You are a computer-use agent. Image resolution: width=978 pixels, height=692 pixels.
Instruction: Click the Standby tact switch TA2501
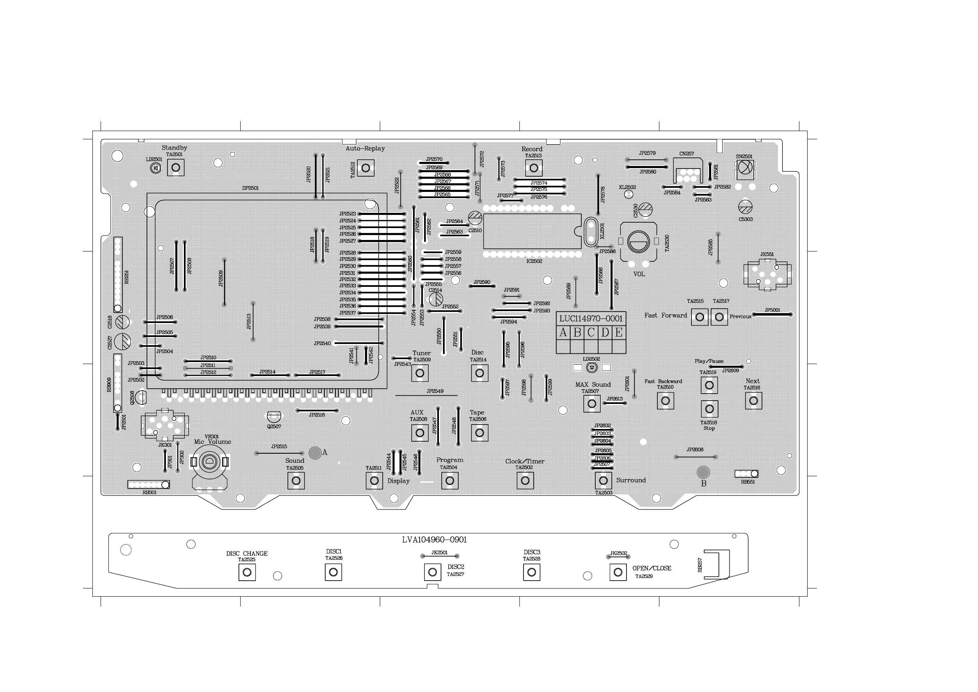(x=175, y=168)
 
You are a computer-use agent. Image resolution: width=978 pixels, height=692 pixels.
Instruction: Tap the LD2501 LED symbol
(x=156, y=168)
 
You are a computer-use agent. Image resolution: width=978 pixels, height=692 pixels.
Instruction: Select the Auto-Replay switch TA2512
(x=365, y=168)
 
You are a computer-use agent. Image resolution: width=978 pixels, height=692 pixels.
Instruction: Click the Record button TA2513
(x=534, y=168)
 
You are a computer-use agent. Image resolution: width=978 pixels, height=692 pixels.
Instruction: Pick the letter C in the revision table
(x=591, y=332)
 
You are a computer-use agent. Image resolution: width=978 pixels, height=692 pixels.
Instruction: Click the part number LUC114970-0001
(x=591, y=318)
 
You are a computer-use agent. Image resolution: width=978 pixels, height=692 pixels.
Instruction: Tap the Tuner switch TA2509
(x=420, y=373)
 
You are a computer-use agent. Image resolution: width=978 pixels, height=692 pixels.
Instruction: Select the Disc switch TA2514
(x=479, y=373)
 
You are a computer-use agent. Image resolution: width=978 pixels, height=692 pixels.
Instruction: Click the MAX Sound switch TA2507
(x=592, y=404)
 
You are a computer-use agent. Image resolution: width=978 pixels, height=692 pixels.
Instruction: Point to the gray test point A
(x=315, y=453)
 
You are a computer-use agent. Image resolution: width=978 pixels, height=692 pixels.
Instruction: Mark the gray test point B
(x=703, y=472)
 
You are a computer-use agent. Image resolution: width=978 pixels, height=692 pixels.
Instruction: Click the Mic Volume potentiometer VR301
(x=209, y=461)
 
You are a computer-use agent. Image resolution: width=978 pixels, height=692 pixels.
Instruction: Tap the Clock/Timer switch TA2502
(x=525, y=480)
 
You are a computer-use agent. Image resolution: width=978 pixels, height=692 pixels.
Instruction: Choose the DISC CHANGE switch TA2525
(x=247, y=572)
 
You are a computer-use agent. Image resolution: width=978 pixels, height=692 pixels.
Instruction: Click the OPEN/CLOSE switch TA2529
(x=618, y=572)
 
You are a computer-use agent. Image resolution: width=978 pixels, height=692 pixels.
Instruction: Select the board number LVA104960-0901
(x=434, y=540)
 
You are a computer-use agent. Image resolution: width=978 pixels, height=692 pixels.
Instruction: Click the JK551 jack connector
(x=767, y=275)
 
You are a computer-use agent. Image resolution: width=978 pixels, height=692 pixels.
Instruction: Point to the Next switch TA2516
(x=753, y=401)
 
